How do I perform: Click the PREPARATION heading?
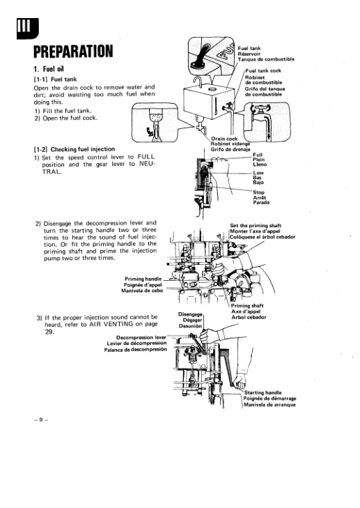click(x=73, y=51)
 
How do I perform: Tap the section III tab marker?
click(x=28, y=29)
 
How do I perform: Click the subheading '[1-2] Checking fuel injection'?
click(x=75, y=149)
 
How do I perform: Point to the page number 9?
click(x=41, y=420)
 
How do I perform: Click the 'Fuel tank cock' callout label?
click(x=263, y=70)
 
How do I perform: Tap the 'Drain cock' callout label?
click(x=224, y=139)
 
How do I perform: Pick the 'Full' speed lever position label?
click(x=258, y=155)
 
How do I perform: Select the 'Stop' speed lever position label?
click(x=258, y=192)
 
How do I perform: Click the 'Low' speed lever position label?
click(x=258, y=173)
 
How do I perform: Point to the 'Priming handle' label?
click(x=143, y=279)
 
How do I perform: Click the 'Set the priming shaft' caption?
click(x=256, y=226)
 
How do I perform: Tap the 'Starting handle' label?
click(x=263, y=392)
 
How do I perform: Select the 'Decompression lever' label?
click(x=141, y=337)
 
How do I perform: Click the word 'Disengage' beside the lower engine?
click(x=190, y=314)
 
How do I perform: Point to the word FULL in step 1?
click(x=146, y=157)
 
